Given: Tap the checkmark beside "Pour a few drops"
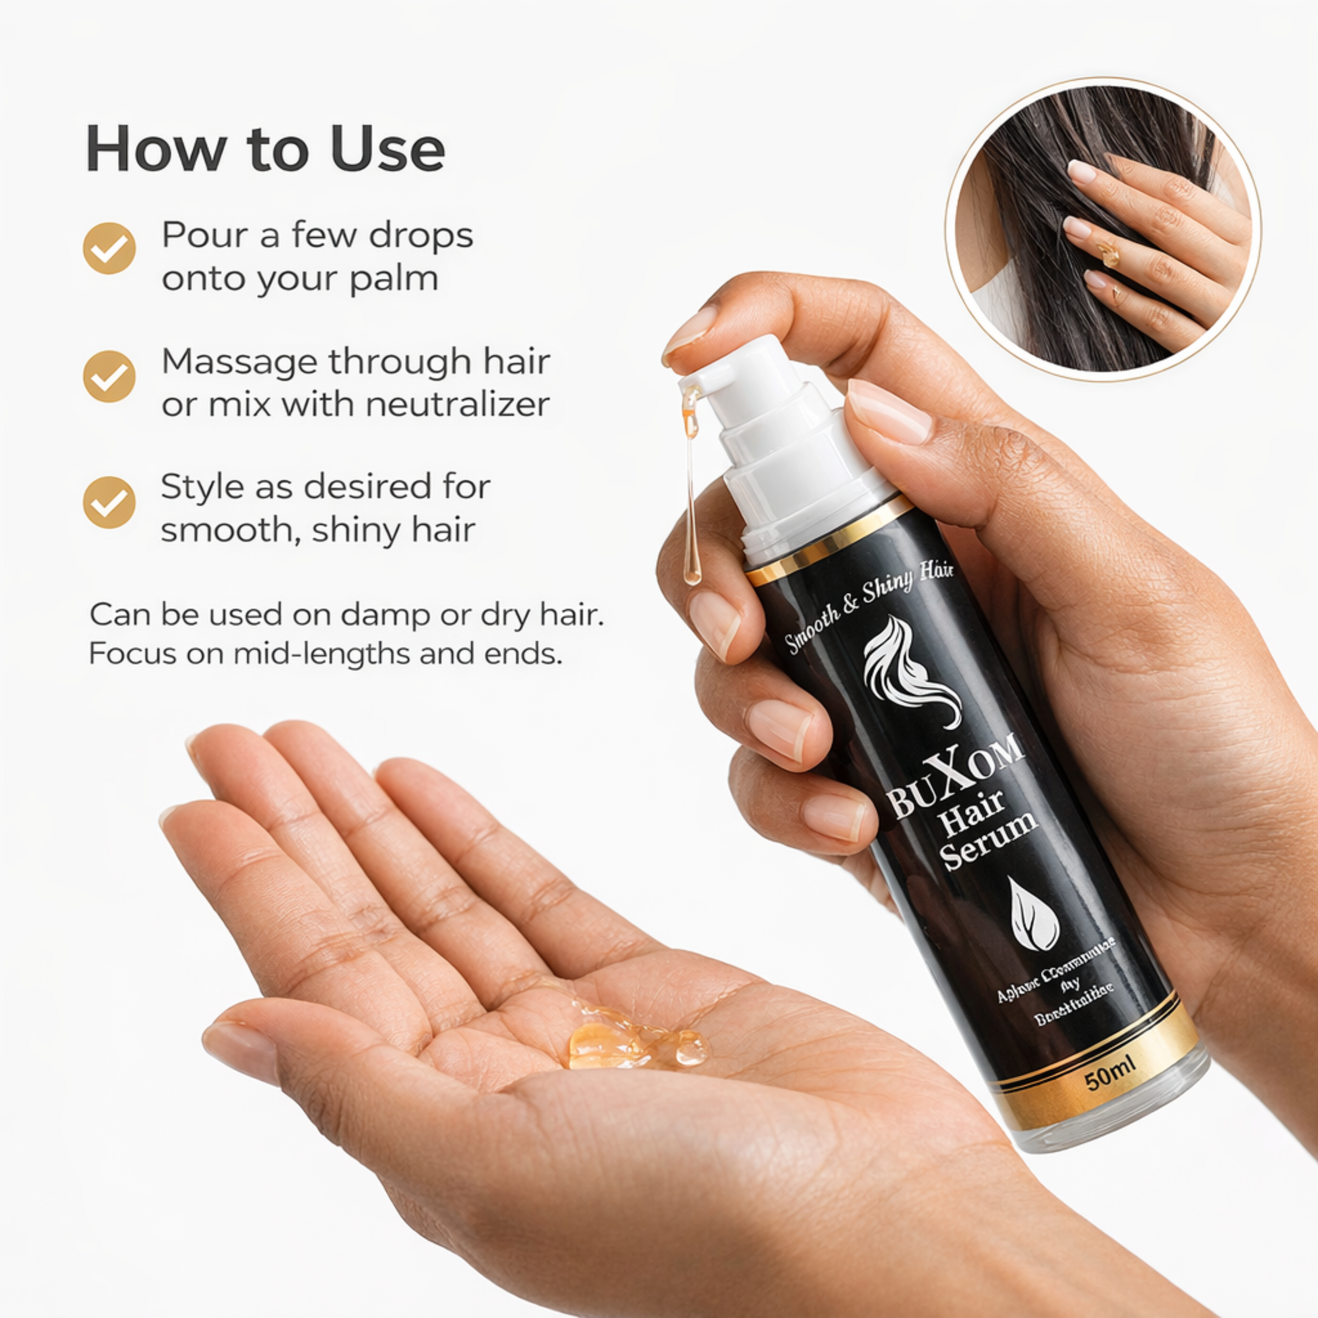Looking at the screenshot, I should (x=109, y=248).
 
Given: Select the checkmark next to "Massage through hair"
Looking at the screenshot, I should (x=109, y=376).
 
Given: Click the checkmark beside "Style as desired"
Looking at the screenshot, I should (x=109, y=502).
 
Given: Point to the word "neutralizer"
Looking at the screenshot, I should (x=457, y=405).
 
